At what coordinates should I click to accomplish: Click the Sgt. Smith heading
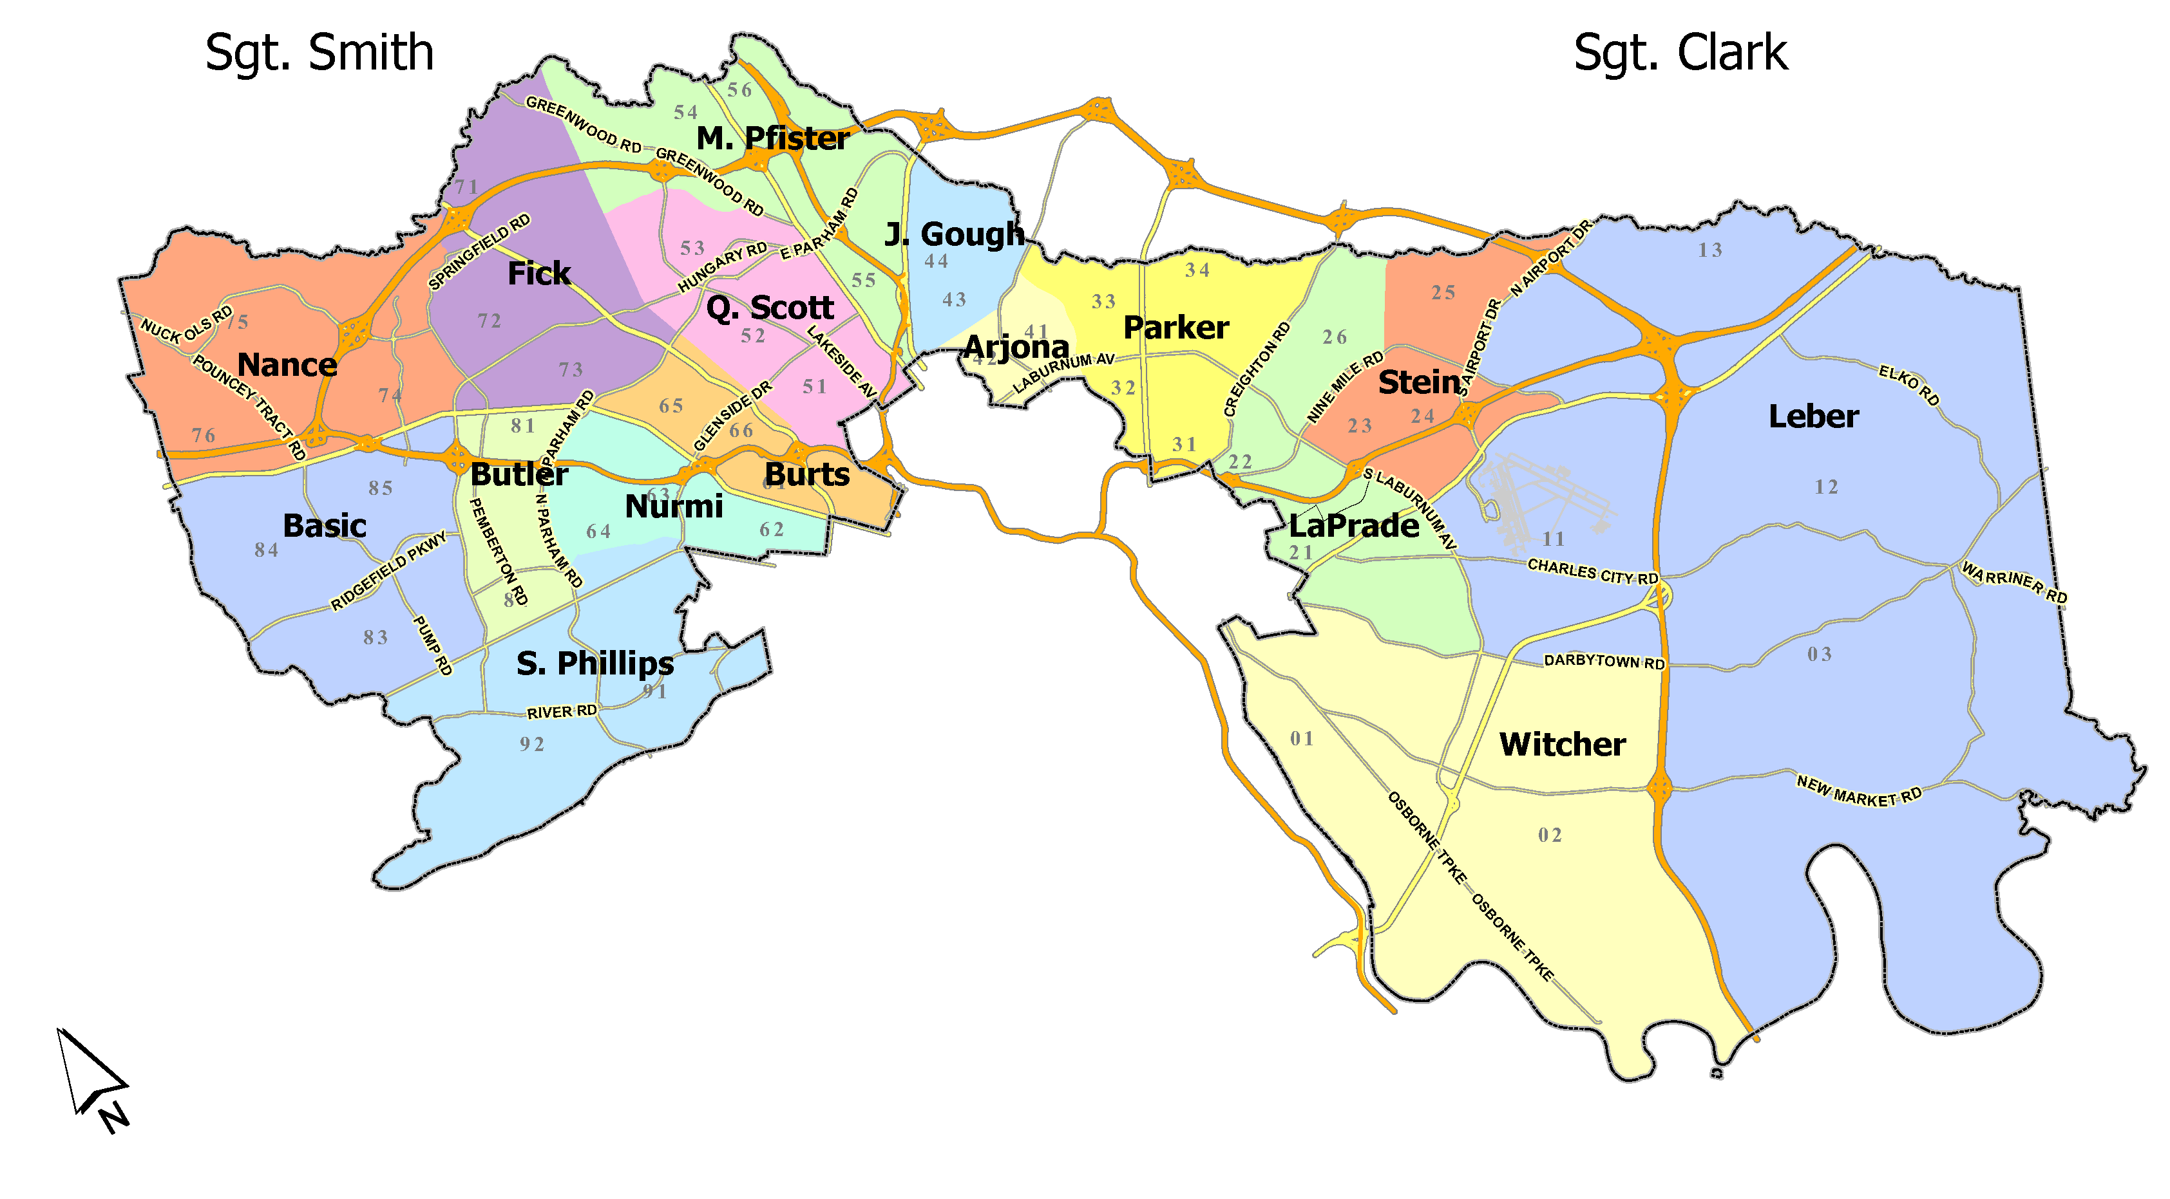click(319, 53)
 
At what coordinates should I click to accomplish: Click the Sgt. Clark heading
click(1680, 53)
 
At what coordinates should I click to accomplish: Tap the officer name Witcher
click(1562, 745)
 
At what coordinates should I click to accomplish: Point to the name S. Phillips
click(595, 664)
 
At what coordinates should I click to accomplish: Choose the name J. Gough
click(955, 234)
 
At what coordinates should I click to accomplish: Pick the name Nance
click(287, 364)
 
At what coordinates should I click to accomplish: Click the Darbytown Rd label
click(1604, 662)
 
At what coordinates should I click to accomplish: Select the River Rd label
click(562, 712)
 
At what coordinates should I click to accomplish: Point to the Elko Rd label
click(1909, 384)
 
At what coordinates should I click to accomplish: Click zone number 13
click(1710, 250)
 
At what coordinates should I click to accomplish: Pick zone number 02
click(1549, 835)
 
